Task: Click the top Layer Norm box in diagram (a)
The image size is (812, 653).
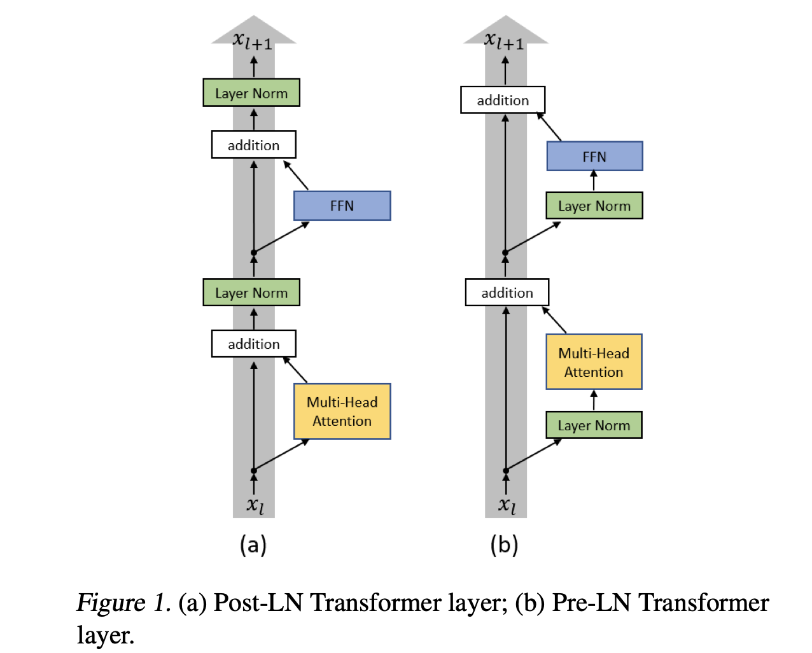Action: [x=251, y=93]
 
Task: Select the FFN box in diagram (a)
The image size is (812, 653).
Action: [x=342, y=206]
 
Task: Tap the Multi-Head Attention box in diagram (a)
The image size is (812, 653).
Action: [x=342, y=411]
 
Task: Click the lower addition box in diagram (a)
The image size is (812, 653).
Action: [x=253, y=344]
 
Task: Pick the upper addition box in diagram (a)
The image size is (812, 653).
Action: [x=253, y=145]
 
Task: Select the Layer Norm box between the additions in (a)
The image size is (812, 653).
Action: [x=251, y=293]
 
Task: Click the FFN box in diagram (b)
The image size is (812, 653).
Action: [x=594, y=156]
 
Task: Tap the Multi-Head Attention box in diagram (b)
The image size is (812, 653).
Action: [x=594, y=362]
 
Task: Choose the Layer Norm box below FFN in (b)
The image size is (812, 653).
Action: [x=594, y=206]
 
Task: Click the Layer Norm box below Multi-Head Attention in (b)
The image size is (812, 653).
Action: [x=594, y=425]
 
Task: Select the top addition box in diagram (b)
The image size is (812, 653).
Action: [x=503, y=100]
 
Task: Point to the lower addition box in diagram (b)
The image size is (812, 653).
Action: [x=507, y=293]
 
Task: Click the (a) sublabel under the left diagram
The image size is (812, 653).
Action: [x=253, y=545]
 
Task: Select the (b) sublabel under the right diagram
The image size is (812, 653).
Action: [x=504, y=545]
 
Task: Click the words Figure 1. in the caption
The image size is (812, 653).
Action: [x=123, y=602]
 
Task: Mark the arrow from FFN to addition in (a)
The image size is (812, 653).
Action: [x=296, y=175]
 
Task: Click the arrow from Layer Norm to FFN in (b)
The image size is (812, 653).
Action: [x=594, y=181]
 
